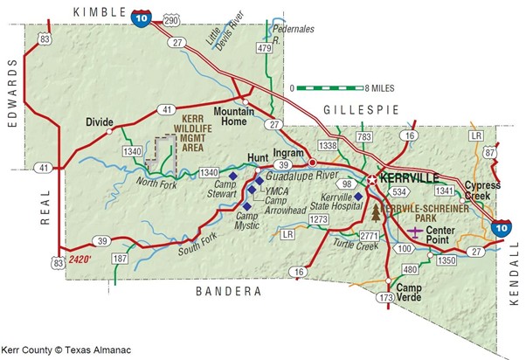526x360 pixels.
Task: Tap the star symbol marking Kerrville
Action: (372, 179)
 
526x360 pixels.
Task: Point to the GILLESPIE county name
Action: (360, 109)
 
